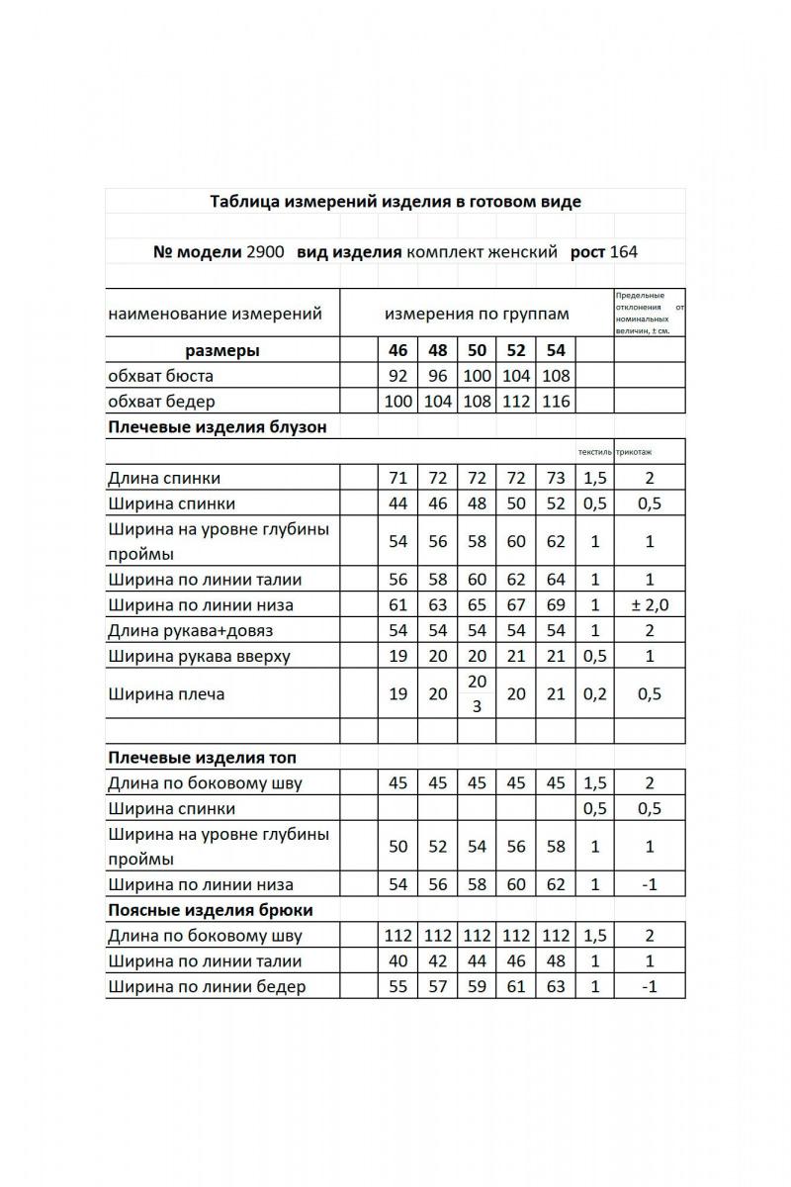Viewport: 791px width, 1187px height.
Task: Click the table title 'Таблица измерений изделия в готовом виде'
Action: point(395,202)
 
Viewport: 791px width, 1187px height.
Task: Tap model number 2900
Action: point(265,251)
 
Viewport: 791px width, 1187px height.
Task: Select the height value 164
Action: point(624,251)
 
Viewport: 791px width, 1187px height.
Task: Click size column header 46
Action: point(397,350)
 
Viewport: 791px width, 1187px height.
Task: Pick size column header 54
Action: point(556,350)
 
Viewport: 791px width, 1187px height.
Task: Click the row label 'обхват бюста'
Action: point(160,376)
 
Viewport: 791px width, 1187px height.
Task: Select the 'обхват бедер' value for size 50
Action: point(477,402)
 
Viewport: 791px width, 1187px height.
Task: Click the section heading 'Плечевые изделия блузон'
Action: point(217,427)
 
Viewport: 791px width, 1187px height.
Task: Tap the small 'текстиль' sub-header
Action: point(594,453)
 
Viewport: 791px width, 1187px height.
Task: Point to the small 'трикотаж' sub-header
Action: point(633,453)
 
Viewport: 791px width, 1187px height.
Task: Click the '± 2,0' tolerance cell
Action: point(650,605)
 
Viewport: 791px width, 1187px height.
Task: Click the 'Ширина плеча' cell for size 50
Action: point(477,694)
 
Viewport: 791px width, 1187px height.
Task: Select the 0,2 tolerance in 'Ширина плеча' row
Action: point(594,694)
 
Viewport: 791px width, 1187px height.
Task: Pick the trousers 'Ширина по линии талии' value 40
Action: point(398,960)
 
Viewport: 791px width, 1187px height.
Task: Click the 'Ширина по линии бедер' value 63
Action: point(556,986)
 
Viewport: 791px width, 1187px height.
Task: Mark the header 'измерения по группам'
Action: point(477,315)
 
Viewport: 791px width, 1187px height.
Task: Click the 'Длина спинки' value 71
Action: point(398,479)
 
